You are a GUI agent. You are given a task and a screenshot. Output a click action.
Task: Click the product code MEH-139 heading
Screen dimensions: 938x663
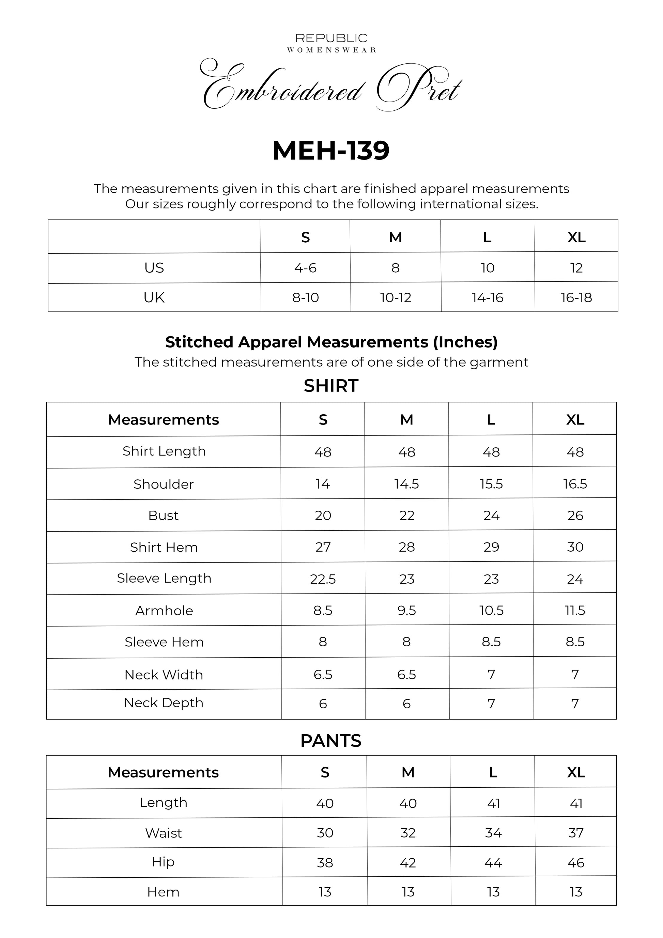coord(331,151)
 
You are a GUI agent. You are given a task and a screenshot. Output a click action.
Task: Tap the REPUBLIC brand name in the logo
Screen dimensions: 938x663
coord(331,39)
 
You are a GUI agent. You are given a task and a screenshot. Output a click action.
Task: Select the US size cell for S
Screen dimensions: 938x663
coord(305,268)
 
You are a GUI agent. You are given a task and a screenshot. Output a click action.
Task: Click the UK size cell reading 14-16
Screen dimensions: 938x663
coord(487,297)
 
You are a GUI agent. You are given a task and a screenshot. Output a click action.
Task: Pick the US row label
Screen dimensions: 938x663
coord(154,268)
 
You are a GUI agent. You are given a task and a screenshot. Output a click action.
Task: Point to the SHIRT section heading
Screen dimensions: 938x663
coord(331,386)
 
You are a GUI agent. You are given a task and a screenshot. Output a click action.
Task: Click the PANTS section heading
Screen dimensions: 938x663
coord(331,741)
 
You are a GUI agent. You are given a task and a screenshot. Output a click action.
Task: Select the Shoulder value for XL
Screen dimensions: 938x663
coord(575,484)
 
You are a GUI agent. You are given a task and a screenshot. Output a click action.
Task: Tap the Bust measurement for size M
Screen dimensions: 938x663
coord(407,516)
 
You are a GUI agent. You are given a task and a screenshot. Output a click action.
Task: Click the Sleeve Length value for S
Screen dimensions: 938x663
coord(323,579)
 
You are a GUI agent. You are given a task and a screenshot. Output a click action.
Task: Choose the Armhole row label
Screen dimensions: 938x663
coord(164,610)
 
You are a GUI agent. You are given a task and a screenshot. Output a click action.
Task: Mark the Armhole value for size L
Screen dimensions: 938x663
coord(491,610)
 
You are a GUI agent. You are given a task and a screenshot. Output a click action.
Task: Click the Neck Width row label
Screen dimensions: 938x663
coord(164,675)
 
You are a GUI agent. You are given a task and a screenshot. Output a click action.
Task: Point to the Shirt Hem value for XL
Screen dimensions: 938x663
coord(575,547)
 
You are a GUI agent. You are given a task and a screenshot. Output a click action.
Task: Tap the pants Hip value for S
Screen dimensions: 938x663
coord(325,862)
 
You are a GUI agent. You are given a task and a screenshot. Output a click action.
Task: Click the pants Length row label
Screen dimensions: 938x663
coord(164,802)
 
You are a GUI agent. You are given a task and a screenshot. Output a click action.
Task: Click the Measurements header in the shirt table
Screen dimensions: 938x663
coord(164,419)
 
